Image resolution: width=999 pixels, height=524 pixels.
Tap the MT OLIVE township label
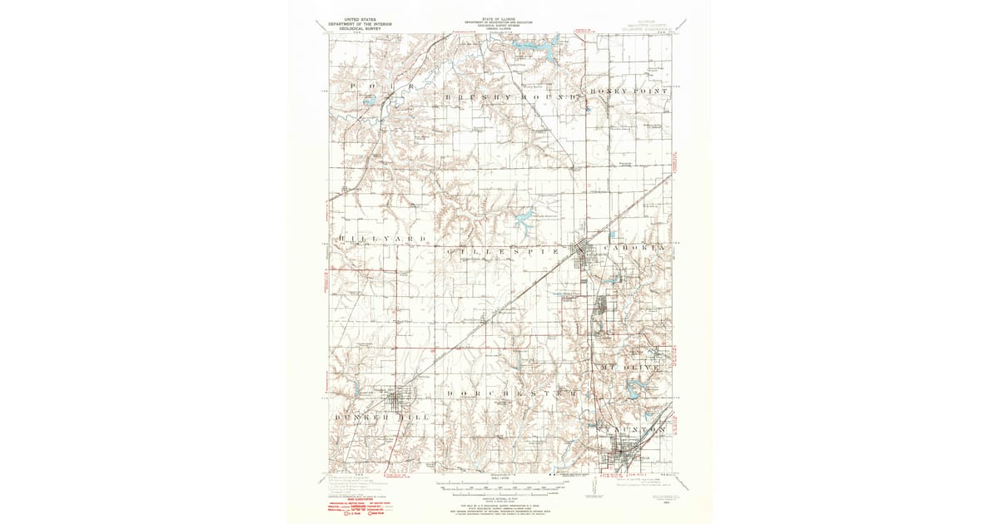pyautogui.click(x=629, y=366)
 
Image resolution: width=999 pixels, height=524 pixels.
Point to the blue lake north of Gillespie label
pyautogui.click(x=525, y=220)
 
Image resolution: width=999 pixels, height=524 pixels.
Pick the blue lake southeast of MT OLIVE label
pyautogui.click(x=637, y=386)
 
